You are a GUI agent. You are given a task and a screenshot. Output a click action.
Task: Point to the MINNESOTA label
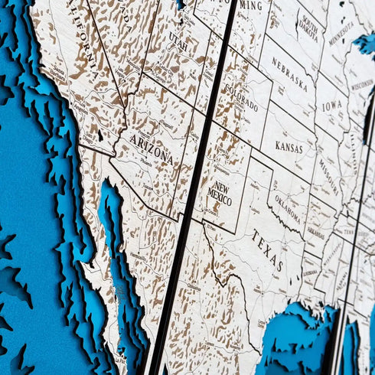click(341, 32)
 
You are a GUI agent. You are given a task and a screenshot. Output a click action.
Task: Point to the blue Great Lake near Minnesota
click(366, 44)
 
